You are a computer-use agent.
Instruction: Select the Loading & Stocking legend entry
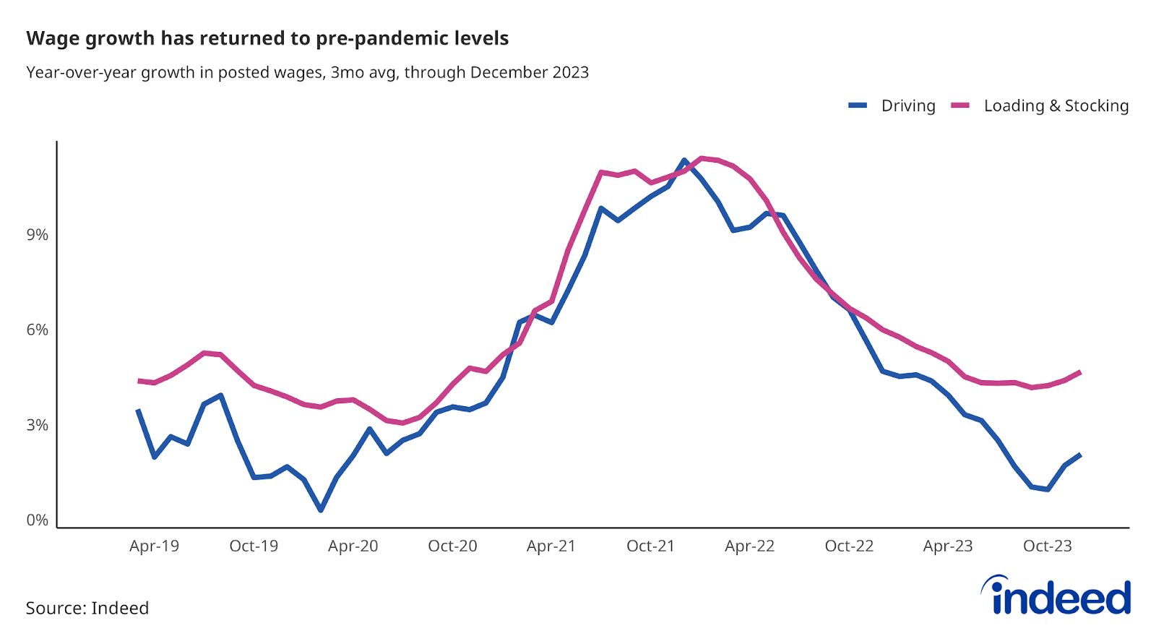coord(1056,106)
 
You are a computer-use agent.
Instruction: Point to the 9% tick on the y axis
coord(38,235)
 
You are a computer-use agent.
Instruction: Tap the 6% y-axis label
coord(38,330)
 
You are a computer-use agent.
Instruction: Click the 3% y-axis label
coord(38,425)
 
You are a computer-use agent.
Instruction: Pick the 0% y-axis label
coord(38,520)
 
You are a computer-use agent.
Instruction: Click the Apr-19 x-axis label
coord(154,546)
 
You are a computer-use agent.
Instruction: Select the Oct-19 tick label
coord(254,546)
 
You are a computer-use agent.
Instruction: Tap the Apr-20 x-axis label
coord(353,546)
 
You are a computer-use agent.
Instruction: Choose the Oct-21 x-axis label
coord(650,546)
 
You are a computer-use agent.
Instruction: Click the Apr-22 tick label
coord(749,546)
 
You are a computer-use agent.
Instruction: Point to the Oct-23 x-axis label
coord(1047,546)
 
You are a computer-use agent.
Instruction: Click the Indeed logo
coord(1056,596)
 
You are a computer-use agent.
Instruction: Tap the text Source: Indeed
coord(87,608)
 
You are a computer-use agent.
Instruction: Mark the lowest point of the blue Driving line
coord(321,510)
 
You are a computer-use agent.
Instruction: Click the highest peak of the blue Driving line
coord(684,160)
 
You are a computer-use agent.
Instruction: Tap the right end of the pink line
coord(1080,372)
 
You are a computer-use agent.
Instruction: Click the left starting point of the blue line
coord(138,410)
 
